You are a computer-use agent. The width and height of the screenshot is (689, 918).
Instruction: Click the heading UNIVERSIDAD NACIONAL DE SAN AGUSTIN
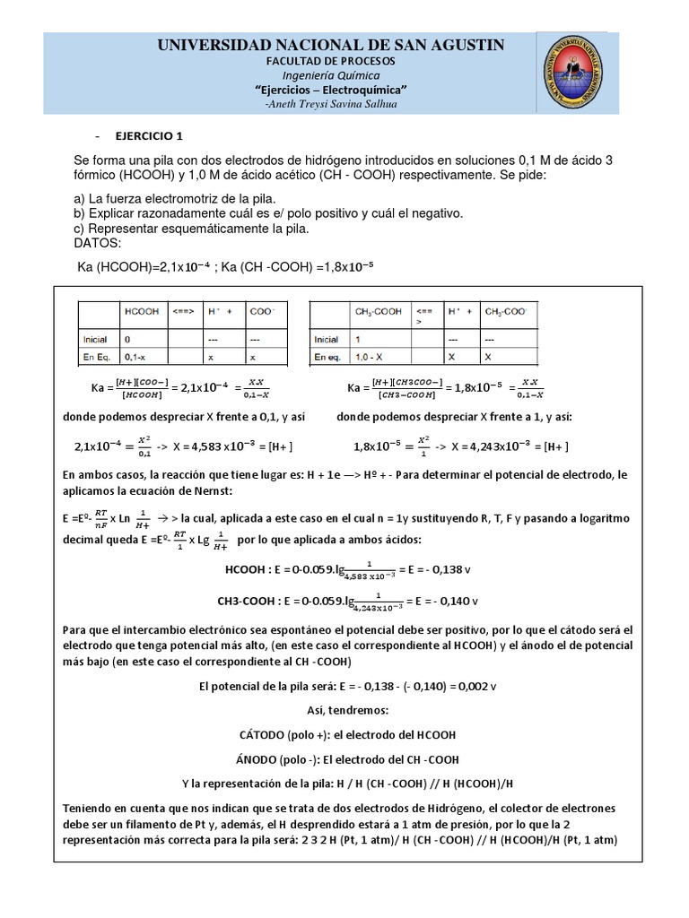point(331,45)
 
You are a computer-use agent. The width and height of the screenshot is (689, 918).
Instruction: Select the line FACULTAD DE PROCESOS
point(331,60)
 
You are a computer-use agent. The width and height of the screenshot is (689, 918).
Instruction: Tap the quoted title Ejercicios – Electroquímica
point(331,90)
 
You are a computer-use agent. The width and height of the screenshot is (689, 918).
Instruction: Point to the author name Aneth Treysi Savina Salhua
point(331,104)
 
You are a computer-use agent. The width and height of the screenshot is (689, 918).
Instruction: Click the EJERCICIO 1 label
point(148,136)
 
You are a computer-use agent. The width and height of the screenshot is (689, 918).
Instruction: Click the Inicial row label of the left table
point(96,340)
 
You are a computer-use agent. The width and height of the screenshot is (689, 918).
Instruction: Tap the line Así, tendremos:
point(345,710)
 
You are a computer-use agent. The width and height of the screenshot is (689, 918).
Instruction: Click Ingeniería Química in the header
point(331,75)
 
